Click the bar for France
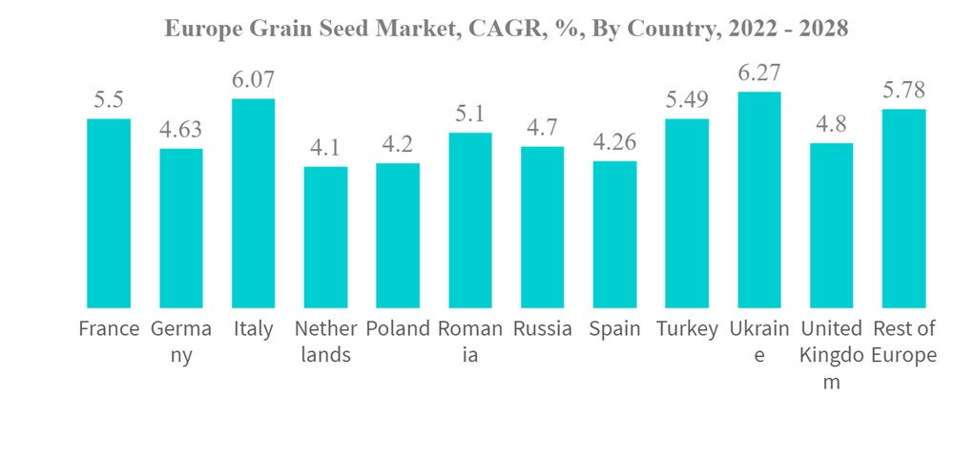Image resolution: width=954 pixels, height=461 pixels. pyautogui.click(x=109, y=213)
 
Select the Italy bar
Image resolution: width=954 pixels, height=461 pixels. pyautogui.click(x=253, y=203)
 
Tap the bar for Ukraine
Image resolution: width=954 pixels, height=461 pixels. pyautogui.click(x=759, y=199)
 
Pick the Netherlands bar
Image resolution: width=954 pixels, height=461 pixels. pyautogui.click(x=325, y=237)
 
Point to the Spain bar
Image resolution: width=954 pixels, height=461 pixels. pyautogui.click(x=614, y=234)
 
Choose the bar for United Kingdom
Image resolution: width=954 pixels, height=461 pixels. pyautogui.click(x=831, y=225)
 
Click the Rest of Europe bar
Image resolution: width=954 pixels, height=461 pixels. pyautogui.click(x=903, y=208)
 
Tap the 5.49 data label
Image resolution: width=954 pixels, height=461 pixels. pyautogui.click(x=687, y=100)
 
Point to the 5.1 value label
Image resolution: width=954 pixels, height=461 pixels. pyautogui.click(x=470, y=114)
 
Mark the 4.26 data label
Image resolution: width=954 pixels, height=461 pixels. pyautogui.click(x=614, y=142)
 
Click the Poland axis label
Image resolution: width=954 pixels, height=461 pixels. pyautogui.click(x=398, y=329)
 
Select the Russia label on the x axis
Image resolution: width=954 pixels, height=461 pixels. pyautogui.click(x=542, y=329)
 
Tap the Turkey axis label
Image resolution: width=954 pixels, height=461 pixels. pyautogui.click(x=687, y=329)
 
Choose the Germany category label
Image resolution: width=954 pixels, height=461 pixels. pyautogui.click(x=181, y=342)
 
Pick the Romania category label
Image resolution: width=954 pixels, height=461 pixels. pyautogui.click(x=470, y=342)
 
